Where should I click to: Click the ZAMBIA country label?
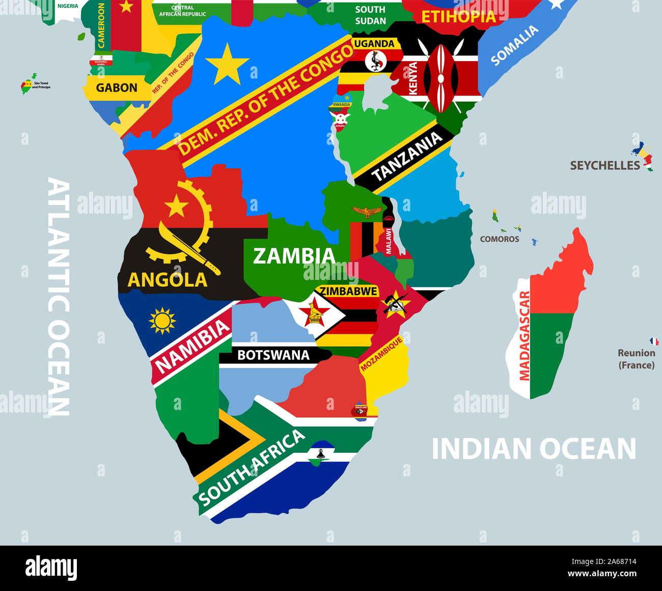tap(294, 256)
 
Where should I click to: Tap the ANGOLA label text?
tap(168, 279)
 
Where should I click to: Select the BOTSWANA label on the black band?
tap(273, 355)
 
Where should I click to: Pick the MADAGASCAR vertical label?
tap(524, 336)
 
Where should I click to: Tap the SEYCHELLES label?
tap(605, 165)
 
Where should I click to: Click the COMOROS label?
tap(500, 239)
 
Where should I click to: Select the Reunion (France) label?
tap(637, 359)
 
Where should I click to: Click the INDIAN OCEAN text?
tap(534, 449)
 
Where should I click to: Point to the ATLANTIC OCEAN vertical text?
tap(58, 296)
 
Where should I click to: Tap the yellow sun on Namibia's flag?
tap(162, 321)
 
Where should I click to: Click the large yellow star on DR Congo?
tap(227, 64)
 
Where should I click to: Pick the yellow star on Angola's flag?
tap(177, 206)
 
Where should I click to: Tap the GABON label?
tap(117, 88)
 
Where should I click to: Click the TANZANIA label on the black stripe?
tap(407, 157)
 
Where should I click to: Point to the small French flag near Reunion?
tap(653, 341)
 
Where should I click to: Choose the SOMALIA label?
tap(514, 46)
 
